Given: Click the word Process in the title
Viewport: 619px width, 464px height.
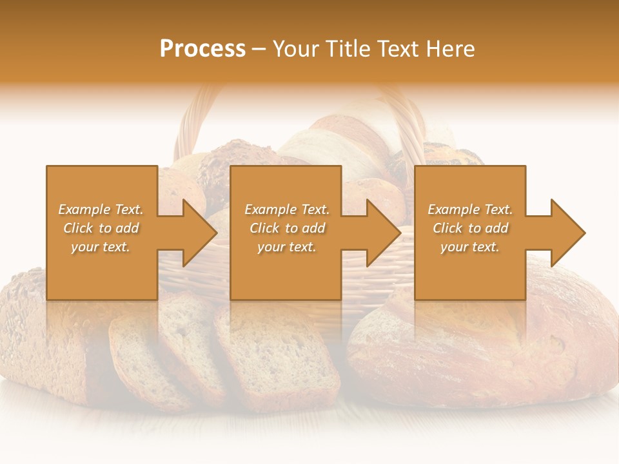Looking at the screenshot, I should tap(202, 49).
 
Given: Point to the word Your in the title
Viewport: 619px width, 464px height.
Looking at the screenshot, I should tap(296, 49).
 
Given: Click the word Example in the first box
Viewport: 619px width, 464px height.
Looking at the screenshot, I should tap(84, 209).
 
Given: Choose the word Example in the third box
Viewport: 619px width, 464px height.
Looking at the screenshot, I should tap(453, 209).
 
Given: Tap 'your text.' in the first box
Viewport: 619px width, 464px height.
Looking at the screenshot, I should tap(101, 247).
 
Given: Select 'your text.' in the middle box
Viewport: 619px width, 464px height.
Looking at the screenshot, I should tap(286, 247).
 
